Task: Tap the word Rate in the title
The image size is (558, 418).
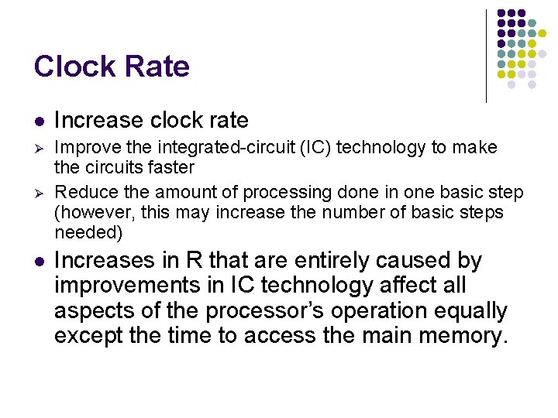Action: tap(160, 67)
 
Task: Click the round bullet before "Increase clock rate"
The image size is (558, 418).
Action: tap(38, 122)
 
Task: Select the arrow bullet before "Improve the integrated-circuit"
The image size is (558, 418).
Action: tap(38, 148)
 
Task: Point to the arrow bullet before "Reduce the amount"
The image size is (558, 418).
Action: tap(38, 193)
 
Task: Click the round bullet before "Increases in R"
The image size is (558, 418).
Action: tap(38, 262)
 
